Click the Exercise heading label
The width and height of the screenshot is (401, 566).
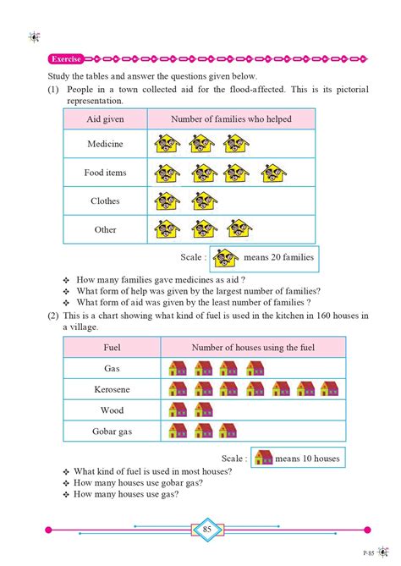pyautogui.click(x=66, y=59)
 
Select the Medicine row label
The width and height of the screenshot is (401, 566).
pyautogui.click(x=105, y=144)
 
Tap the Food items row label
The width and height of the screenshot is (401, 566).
pyautogui.click(x=105, y=173)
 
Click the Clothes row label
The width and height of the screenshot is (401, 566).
pyautogui.click(x=105, y=201)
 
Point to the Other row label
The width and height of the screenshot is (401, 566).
pyautogui.click(x=105, y=229)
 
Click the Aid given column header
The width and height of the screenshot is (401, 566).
pyautogui.click(x=105, y=119)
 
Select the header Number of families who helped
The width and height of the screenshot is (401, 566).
pyautogui.click(x=231, y=119)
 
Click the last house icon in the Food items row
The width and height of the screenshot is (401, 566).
pyautogui.click(x=271, y=174)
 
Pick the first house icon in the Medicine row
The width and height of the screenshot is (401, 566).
pyautogui.click(x=168, y=145)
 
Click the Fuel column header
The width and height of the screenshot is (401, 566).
pyautogui.click(x=112, y=347)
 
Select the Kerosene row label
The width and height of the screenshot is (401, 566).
pyautogui.click(x=112, y=388)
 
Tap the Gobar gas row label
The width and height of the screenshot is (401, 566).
pyautogui.click(x=112, y=431)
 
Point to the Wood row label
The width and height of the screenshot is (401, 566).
pyautogui.click(x=112, y=409)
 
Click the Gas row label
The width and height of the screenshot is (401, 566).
pyautogui.click(x=112, y=368)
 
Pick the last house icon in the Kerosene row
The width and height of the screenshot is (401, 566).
pyautogui.click(x=330, y=388)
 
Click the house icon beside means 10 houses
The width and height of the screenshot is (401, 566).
pyautogui.click(x=263, y=458)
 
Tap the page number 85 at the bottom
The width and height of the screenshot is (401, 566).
pyautogui.click(x=207, y=529)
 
